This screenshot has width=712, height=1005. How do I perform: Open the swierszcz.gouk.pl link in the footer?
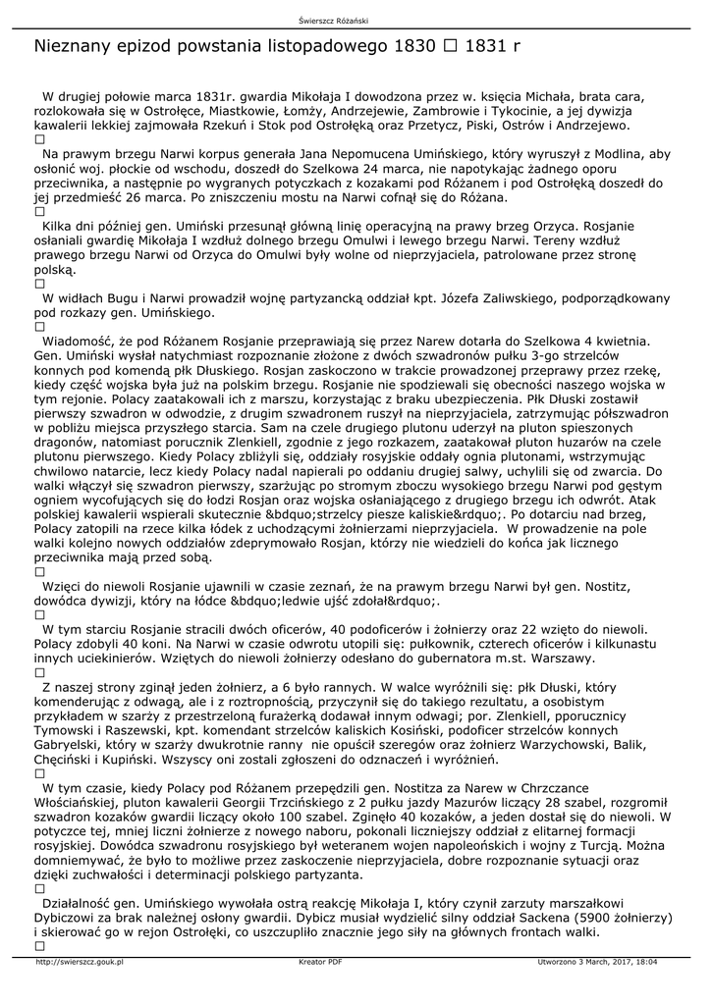80,962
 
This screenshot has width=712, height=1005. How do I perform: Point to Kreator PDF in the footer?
320,962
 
